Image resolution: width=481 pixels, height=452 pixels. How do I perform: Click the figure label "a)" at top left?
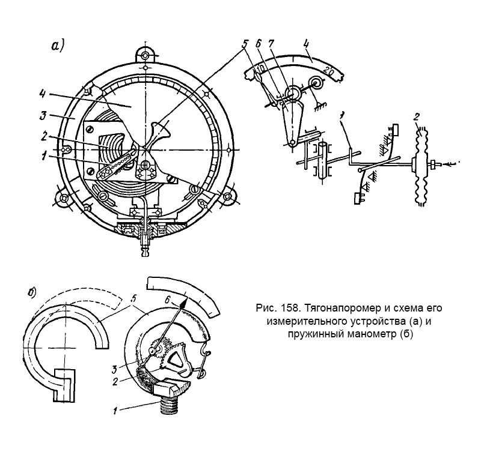pyautogui.click(x=58, y=46)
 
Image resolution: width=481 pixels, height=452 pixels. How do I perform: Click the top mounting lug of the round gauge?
pyautogui.click(x=147, y=55)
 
